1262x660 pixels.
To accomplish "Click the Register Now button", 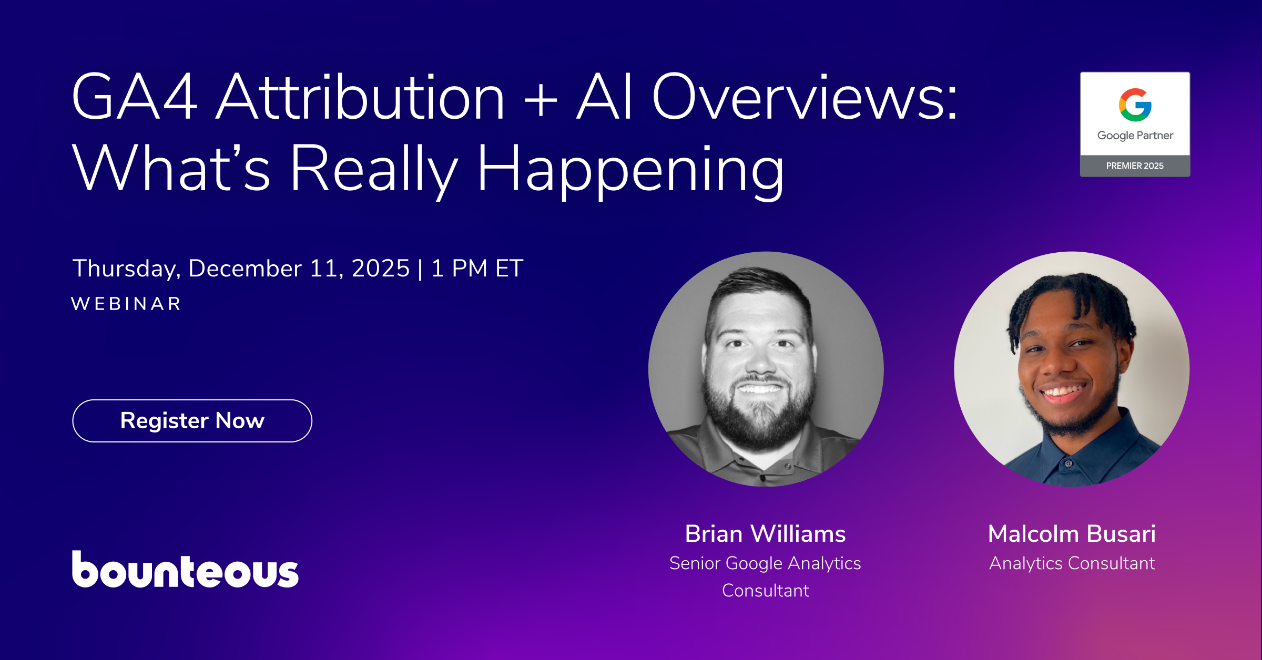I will tap(192, 421).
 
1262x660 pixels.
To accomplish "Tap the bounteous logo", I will tap(185, 570).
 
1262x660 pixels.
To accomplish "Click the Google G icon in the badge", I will tap(1135, 105).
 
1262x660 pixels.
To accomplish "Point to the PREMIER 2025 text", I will tap(1135, 166).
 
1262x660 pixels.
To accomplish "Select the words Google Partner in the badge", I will tap(1135, 136).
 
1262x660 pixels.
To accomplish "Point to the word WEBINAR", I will tap(126, 304).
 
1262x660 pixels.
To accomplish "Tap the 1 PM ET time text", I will tap(477, 269).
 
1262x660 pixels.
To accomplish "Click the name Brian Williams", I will tap(765, 534).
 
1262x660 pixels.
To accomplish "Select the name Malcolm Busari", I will tap(1072, 534).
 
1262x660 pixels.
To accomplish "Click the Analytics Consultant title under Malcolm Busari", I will tap(1072, 563).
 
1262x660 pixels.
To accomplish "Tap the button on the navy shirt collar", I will tap(1068, 463).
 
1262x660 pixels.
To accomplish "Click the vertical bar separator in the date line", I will tap(420, 269).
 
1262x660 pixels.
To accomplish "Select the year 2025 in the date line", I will tap(380, 269).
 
